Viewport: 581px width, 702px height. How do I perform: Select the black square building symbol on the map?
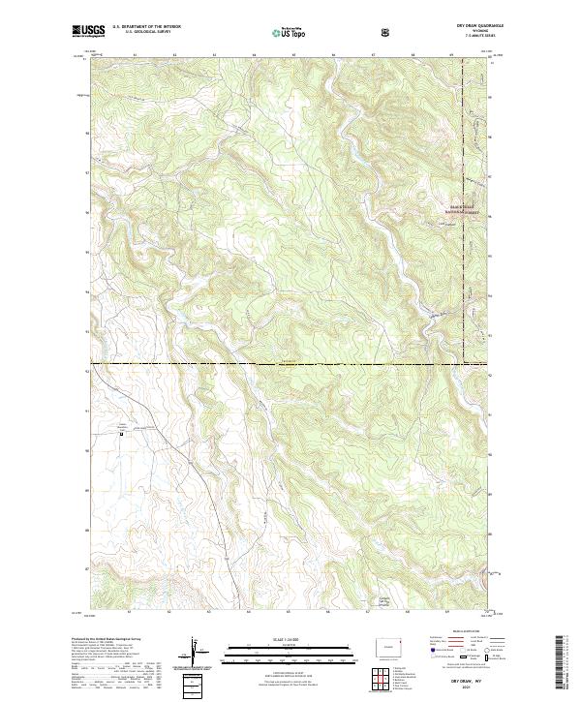coord(121,436)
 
